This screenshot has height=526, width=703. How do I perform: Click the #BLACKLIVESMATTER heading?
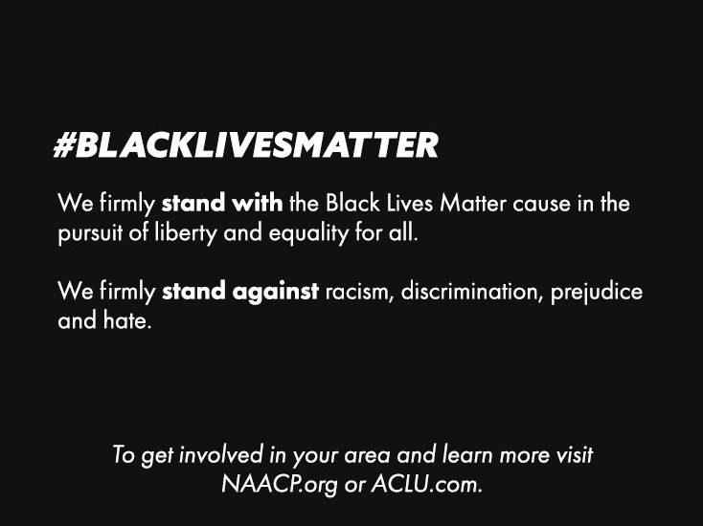coord(246,145)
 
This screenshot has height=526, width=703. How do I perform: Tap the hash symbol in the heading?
coord(64,145)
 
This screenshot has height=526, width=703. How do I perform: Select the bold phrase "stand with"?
coord(222,203)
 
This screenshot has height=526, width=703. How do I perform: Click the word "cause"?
coord(541,204)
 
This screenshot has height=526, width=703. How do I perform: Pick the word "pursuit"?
coord(90,233)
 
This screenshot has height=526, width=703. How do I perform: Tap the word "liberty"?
coord(186,233)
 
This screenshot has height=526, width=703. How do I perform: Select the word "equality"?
coord(308,233)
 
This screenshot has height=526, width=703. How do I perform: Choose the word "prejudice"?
coord(597,293)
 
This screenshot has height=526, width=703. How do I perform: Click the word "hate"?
coord(127,320)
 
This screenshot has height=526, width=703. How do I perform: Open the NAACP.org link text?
coord(279,484)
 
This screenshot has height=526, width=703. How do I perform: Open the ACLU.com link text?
coord(427,484)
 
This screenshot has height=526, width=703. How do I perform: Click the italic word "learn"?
coord(467,455)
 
